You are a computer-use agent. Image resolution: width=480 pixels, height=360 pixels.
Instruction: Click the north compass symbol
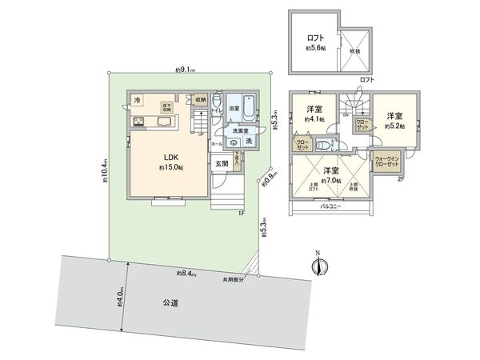(318, 266)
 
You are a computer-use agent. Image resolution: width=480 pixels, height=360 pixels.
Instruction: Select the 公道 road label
(169, 303)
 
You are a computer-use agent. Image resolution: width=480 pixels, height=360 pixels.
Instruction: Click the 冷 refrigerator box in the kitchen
(137, 100)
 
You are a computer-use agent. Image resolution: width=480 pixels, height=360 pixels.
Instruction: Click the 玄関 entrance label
(221, 163)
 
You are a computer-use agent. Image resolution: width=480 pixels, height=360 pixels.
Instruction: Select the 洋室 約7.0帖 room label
(331, 174)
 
